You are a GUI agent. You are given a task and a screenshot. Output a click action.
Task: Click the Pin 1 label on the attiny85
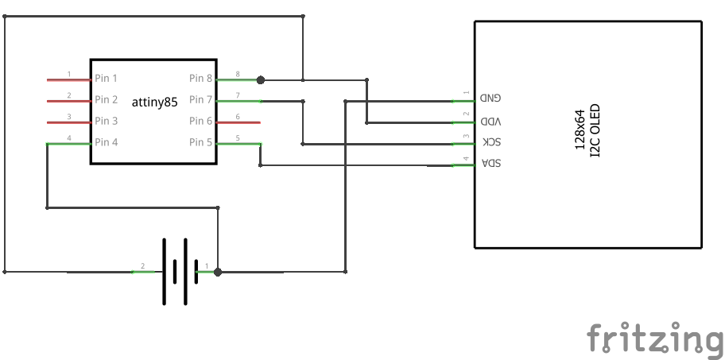[107, 79]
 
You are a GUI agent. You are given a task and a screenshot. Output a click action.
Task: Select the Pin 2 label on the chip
[107, 100]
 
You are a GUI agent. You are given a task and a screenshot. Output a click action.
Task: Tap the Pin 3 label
[107, 122]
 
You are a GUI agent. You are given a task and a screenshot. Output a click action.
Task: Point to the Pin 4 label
[107, 143]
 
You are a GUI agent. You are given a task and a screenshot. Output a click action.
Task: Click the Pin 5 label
[200, 143]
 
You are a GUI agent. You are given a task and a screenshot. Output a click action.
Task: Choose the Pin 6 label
[200, 122]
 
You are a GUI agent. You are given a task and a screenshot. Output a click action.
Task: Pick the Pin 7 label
[200, 100]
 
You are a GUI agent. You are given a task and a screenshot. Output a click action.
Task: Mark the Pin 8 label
[200, 79]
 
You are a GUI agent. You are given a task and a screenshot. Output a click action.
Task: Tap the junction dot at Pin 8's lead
[260, 79]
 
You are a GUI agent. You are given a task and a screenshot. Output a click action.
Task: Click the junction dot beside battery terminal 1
[218, 272]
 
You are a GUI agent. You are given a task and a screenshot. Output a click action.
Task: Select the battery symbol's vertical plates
[174, 272]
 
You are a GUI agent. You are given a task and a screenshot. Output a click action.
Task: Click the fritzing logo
[654, 338]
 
